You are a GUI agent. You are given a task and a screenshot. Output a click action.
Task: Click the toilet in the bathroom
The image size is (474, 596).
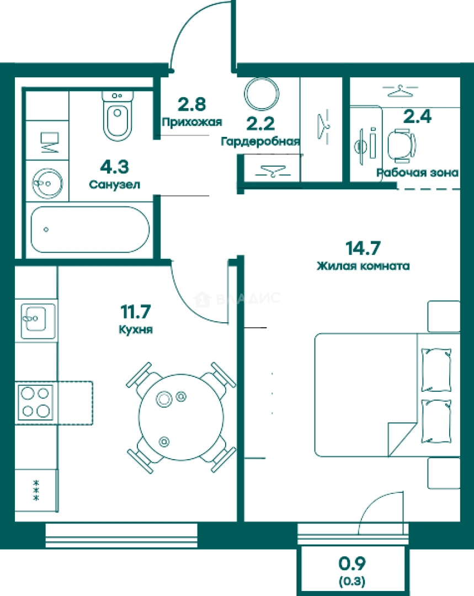(x=118, y=115)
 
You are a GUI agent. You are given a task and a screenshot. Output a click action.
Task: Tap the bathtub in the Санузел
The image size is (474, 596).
(x=90, y=230)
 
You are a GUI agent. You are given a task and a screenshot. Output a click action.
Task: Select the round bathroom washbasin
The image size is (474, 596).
(x=47, y=183)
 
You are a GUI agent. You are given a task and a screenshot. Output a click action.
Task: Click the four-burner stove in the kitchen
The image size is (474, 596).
(x=35, y=402)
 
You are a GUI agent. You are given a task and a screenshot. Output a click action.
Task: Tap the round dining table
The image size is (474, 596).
(x=182, y=417)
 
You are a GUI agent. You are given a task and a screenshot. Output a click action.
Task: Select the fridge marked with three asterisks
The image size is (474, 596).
(x=36, y=491)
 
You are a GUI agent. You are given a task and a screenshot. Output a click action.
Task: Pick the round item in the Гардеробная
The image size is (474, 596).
(x=262, y=94)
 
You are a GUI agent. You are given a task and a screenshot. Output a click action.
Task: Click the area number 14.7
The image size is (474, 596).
(x=363, y=248)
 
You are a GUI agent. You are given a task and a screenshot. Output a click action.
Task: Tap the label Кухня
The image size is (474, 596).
(x=136, y=329)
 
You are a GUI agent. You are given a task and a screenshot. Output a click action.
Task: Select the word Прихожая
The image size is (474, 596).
(x=191, y=122)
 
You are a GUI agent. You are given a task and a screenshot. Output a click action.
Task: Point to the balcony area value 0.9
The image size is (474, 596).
(x=352, y=563)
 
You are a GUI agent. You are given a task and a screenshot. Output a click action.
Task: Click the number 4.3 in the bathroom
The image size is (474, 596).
(x=114, y=167)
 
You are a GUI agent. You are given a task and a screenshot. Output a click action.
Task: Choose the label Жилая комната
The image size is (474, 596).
(x=363, y=265)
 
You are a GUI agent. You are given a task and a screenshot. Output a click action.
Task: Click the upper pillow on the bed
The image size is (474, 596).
(x=436, y=370)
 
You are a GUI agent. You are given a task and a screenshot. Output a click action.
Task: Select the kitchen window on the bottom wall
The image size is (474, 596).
(x=121, y=535)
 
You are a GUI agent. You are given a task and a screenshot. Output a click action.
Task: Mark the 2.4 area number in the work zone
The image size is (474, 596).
(x=417, y=116)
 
